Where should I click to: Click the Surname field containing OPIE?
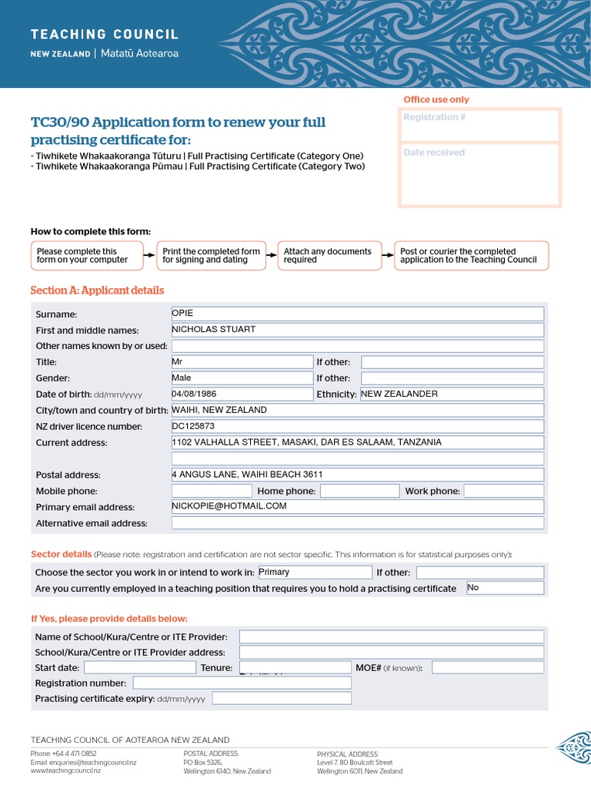(357, 314)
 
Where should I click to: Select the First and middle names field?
(357, 330)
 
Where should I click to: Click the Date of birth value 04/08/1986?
(242, 394)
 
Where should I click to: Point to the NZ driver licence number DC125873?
(357, 426)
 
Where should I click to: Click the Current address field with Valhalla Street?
(357, 442)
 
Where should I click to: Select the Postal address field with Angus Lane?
(357, 475)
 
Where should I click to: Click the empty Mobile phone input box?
(212, 491)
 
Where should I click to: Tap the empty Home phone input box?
(359, 491)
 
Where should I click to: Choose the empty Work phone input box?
(503, 491)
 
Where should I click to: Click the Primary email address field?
(357, 506)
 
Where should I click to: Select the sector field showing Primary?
(314, 572)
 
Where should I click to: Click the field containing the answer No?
(505, 588)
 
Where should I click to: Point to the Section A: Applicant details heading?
(97, 290)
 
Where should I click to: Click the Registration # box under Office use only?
(480, 126)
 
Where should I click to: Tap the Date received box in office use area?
(480, 174)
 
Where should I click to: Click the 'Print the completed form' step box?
(211, 256)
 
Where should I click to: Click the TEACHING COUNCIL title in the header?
(105, 35)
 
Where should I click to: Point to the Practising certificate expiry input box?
(282, 699)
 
